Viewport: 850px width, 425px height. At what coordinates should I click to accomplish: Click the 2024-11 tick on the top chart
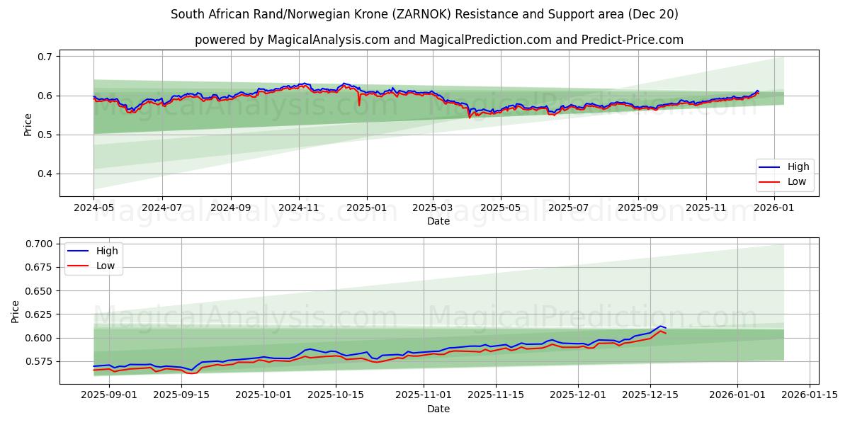pos(298,208)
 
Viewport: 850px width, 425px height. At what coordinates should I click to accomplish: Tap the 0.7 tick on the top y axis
pos(45,57)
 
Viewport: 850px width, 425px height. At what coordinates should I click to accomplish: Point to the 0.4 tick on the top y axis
pos(45,174)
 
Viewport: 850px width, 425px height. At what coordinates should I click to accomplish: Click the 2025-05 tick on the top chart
pos(501,208)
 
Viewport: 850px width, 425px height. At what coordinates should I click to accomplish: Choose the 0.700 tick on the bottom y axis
pos(38,244)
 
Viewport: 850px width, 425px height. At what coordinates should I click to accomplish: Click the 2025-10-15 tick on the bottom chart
pos(336,395)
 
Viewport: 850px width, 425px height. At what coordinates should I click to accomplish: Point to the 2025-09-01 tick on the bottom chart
pos(108,395)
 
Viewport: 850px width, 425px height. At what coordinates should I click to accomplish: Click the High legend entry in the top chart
pos(798,167)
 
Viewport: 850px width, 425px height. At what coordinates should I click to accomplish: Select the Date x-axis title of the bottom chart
pos(438,409)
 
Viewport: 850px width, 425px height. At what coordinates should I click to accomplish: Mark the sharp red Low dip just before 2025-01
pos(359,105)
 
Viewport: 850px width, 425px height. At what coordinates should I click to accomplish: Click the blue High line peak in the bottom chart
pos(660,326)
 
